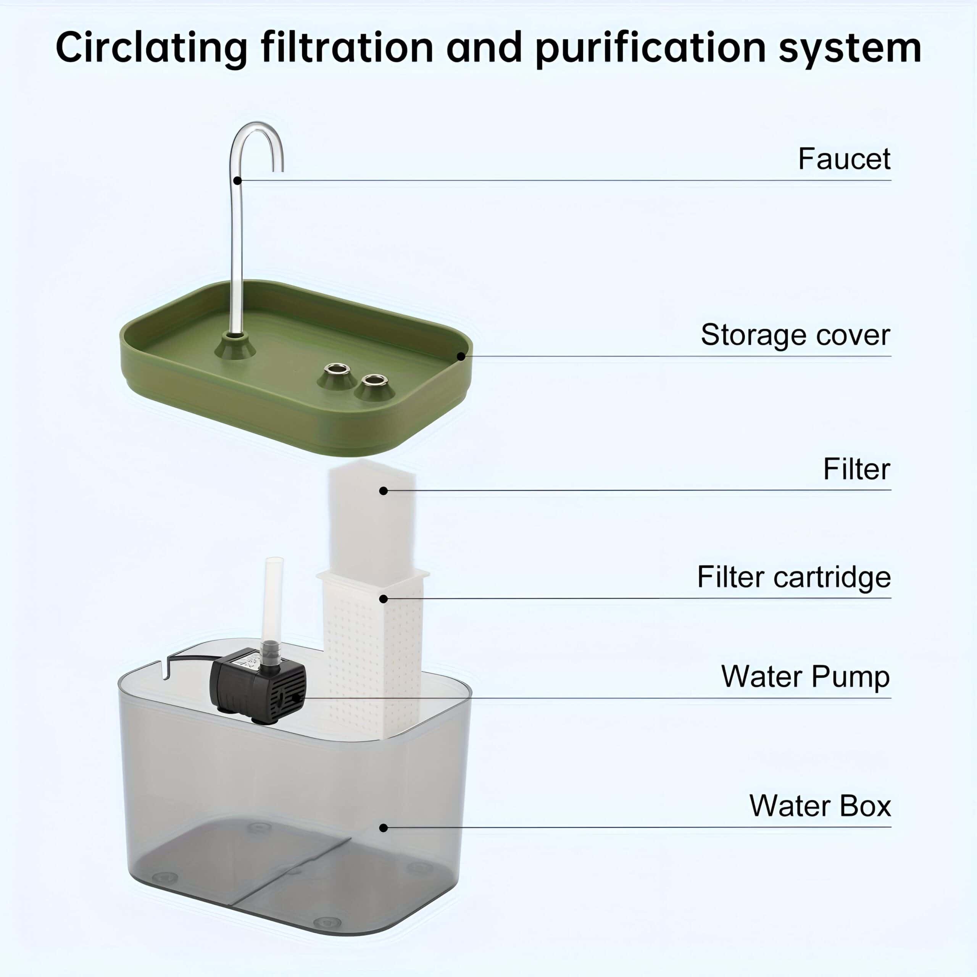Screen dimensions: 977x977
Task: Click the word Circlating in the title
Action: click(151, 48)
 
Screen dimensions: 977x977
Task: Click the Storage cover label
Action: click(795, 335)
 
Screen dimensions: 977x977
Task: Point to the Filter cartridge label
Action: click(793, 577)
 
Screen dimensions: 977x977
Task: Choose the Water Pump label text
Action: click(805, 677)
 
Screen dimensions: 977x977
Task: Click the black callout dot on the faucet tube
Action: click(237, 181)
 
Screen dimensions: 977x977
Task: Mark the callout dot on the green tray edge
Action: click(461, 356)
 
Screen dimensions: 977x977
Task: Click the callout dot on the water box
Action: click(383, 828)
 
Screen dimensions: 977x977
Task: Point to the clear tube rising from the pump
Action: click(273, 597)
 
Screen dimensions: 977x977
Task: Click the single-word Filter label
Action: click(856, 469)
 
